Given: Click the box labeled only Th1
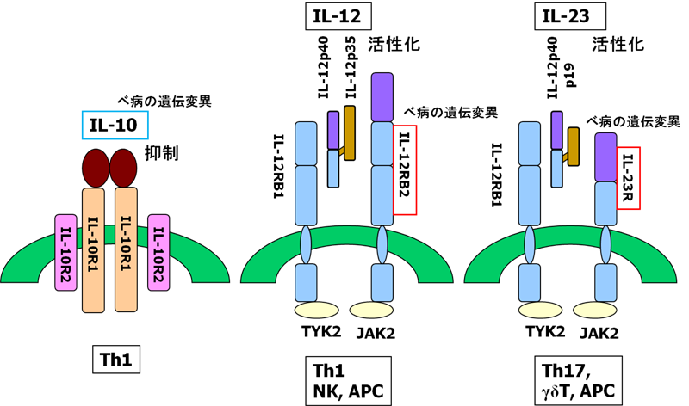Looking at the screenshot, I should click(x=115, y=360).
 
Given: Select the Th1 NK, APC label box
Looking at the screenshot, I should click(x=346, y=378).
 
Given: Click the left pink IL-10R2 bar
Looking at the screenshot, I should click(x=65, y=251).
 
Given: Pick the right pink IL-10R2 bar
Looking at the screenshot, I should click(x=158, y=251).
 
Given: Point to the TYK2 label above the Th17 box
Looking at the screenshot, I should click(x=544, y=331).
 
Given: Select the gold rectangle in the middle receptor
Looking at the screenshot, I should click(x=350, y=133).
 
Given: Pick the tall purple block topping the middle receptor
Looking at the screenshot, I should click(x=382, y=96).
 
